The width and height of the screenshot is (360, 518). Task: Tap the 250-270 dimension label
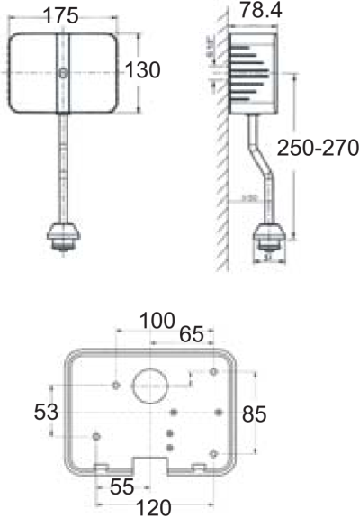tap(317, 147)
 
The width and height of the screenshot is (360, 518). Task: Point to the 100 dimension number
tap(157, 320)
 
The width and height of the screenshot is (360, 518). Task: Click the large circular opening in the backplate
tap(150, 386)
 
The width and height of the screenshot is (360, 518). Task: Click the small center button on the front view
tap(62, 72)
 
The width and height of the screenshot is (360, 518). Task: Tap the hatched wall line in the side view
tap(219, 180)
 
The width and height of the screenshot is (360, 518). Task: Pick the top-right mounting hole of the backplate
tap(212, 371)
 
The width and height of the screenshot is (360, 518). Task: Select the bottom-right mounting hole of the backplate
tap(212, 452)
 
